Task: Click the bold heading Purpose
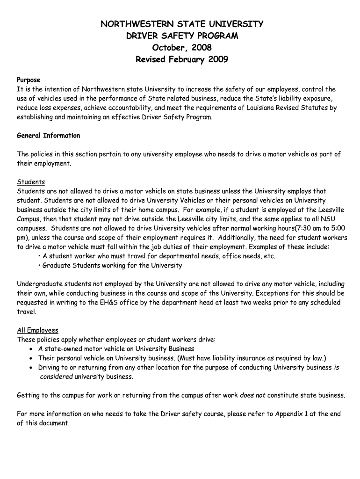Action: point(29,80)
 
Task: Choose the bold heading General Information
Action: point(49,136)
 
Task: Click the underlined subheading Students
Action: point(31,181)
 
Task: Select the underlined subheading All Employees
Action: point(37,330)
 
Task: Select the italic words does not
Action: point(252,395)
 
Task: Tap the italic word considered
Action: point(56,377)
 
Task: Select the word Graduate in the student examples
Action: point(57,265)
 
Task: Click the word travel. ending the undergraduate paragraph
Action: point(26,312)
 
